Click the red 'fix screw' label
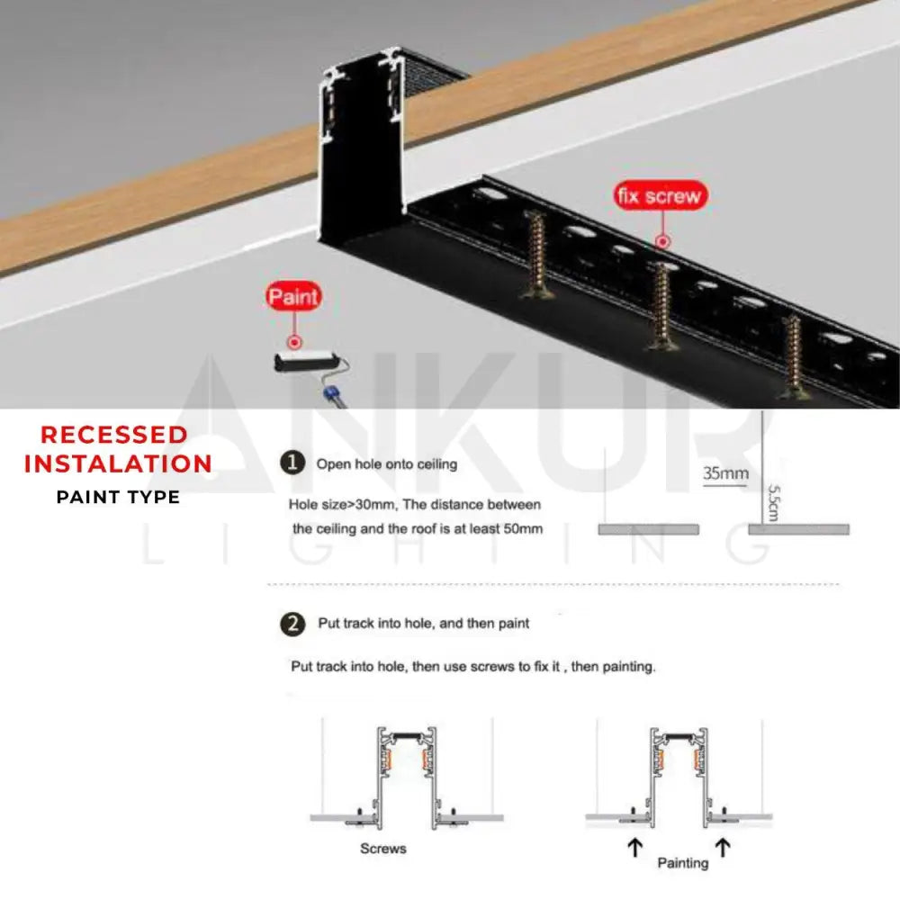(x=661, y=196)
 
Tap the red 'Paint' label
(x=293, y=296)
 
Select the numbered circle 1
(x=292, y=463)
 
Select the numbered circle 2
(x=292, y=624)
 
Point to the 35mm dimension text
(x=725, y=473)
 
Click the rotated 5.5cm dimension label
(x=773, y=503)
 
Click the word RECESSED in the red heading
(x=113, y=435)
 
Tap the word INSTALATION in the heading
(x=118, y=463)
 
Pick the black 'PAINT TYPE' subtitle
(x=118, y=497)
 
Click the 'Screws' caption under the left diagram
(x=382, y=849)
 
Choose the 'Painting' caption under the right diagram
(x=682, y=863)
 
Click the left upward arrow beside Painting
(x=634, y=847)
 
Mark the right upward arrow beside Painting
(x=723, y=847)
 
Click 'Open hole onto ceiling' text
(x=387, y=464)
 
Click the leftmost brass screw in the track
(x=536, y=255)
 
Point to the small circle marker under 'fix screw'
(x=662, y=241)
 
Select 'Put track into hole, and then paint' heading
(x=424, y=624)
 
